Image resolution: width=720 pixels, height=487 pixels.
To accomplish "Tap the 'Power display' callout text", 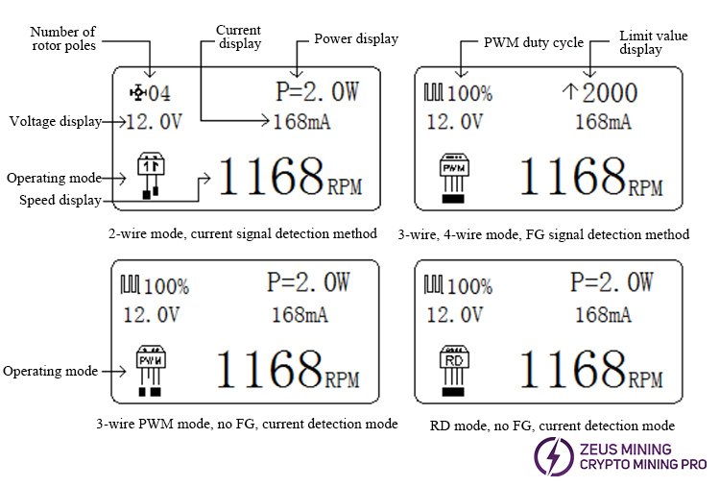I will [356, 39].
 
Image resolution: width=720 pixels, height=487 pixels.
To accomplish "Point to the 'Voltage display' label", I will [53, 121].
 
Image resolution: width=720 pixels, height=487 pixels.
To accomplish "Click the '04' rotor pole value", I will [159, 93].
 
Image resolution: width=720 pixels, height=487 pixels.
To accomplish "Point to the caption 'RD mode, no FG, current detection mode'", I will [550, 425].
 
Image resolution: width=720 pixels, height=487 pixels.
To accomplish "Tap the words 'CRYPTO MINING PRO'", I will [642, 465].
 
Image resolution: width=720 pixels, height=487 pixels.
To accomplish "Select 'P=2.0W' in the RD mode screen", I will [611, 281].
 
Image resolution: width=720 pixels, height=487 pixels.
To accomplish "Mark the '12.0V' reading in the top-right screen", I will [454, 122].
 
